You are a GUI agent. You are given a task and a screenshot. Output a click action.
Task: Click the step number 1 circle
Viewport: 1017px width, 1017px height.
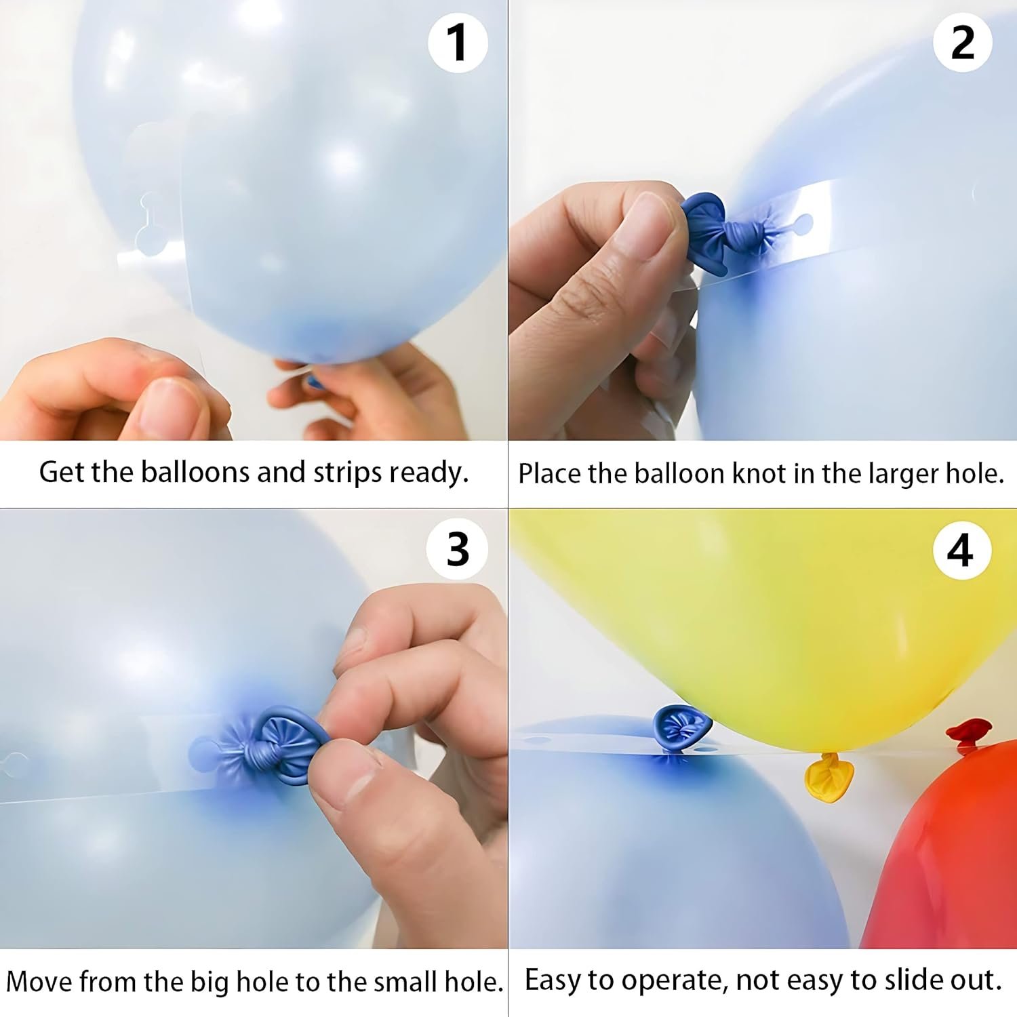click(458, 43)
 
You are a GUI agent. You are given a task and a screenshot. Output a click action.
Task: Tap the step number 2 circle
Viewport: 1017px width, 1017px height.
click(962, 43)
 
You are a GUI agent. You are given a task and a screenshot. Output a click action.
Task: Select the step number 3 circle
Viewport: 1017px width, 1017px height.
click(458, 549)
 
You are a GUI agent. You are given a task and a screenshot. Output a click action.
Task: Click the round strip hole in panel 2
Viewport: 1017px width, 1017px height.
click(803, 222)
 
